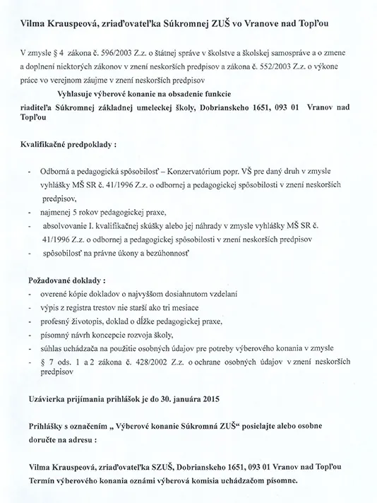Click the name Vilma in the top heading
point(33,25)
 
